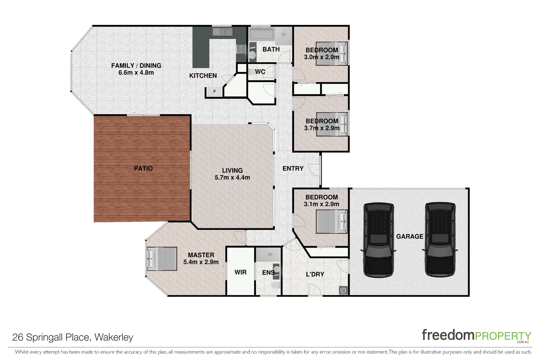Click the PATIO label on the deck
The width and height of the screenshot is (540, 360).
click(x=143, y=169)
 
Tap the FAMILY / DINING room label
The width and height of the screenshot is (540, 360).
click(x=136, y=66)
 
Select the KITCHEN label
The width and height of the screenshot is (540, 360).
click(x=203, y=76)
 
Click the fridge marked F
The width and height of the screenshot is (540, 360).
click(x=214, y=91)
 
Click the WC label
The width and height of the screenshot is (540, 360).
click(x=260, y=72)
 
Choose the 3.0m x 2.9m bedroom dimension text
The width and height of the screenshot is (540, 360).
click(x=322, y=57)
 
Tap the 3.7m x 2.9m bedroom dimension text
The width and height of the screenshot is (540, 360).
click(x=322, y=128)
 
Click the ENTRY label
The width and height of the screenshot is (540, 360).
click(x=293, y=169)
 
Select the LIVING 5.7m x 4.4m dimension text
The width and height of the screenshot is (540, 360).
click(x=232, y=178)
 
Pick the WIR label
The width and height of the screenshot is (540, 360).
click(x=240, y=272)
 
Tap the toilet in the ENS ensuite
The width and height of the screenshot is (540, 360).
click(x=276, y=285)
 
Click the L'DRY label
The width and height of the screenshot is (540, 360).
click(x=315, y=274)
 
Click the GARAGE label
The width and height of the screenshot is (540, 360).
click(x=410, y=236)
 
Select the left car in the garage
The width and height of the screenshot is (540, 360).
click(x=379, y=240)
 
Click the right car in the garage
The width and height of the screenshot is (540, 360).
click(x=440, y=240)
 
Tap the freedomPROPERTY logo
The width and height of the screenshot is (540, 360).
click(x=476, y=335)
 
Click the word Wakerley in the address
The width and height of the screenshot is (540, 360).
click(x=114, y=337)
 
